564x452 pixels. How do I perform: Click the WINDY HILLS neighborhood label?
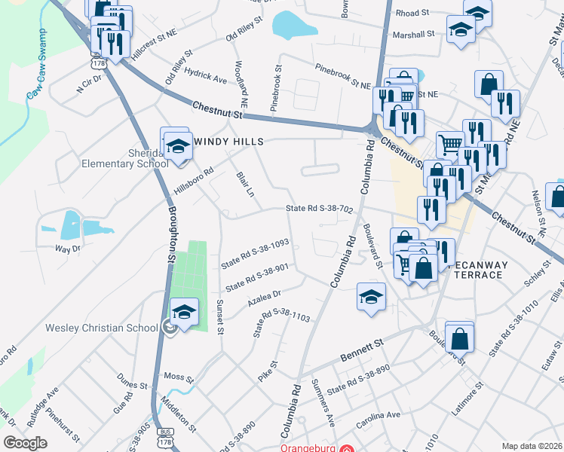click(228, 142)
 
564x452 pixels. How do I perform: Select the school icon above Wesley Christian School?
click(184, 312)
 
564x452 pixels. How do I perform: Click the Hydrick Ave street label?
click(206, 78)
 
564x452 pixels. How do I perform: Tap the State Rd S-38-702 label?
click(319, 209)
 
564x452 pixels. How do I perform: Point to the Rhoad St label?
click(412, 13)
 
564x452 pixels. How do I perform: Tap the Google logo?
click(24, 443)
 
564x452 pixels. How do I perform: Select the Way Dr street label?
click(67, 248)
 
